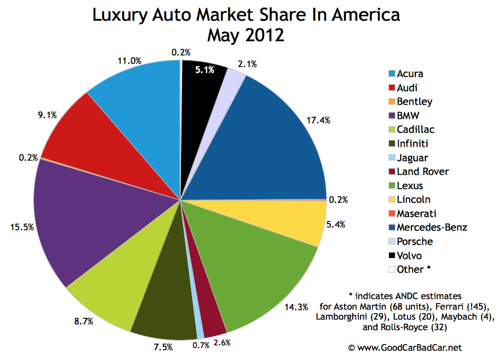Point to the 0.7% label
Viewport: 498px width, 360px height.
point(200,345)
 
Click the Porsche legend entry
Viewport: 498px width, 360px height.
point(415,242)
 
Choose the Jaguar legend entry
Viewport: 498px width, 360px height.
point(413,157)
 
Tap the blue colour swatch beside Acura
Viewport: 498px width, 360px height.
point(391,74)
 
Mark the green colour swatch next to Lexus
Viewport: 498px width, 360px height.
point(391,186)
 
